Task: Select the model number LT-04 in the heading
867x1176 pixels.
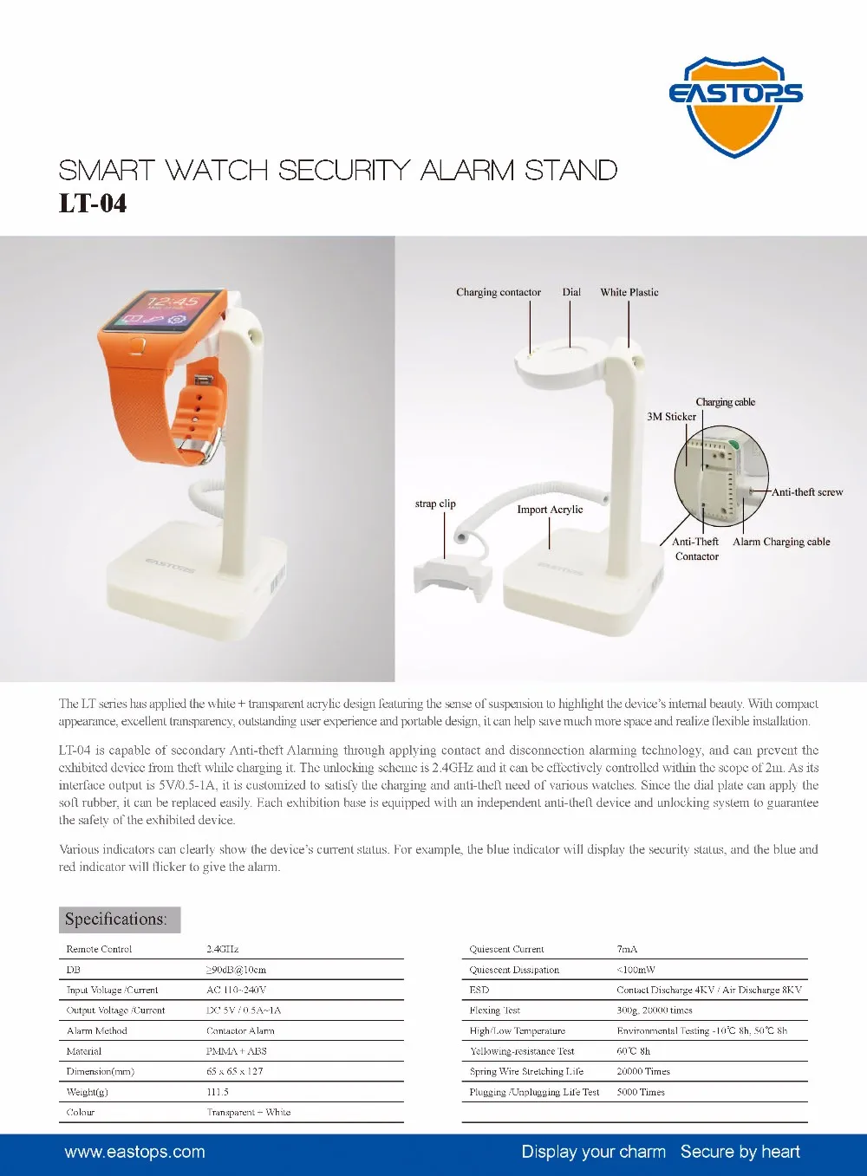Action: point(93,204)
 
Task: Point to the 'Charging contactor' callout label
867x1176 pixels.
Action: point(499,292)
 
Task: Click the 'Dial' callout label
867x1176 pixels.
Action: point(571,292)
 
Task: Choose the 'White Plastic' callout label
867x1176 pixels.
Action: point(629,292)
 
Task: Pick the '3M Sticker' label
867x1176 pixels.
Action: point(671,416)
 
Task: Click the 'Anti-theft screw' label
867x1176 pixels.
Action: point(807,492)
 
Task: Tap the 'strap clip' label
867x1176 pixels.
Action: point(435,504)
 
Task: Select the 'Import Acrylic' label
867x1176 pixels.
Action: point(550,510)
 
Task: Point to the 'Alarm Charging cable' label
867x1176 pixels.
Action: point(781,542)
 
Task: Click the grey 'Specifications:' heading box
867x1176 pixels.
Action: point(120,919)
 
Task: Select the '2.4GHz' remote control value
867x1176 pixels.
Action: point(223,949)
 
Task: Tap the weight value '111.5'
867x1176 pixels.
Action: point(218,1092)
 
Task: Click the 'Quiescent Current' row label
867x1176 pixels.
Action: point(506,949)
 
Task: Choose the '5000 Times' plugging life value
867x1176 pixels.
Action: point(641,1092)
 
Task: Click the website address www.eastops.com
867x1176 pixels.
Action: point(134,1152)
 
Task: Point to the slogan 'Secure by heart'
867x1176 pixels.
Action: point(740,1152)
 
